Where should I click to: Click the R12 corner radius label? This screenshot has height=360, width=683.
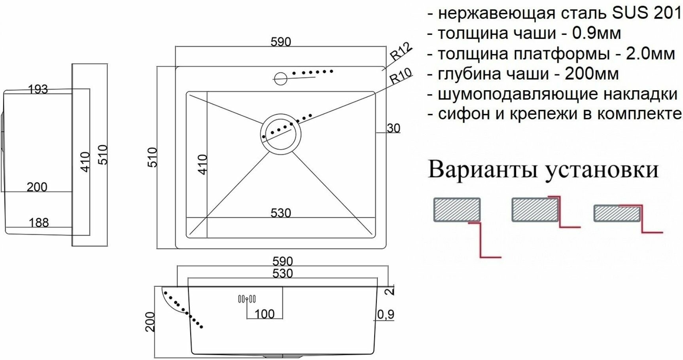tap(401, 51)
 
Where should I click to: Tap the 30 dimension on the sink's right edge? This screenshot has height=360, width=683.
tap(394, 128)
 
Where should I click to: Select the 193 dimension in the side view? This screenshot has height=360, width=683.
tap(38, 89)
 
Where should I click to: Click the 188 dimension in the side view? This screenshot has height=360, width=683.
tap(39, 223)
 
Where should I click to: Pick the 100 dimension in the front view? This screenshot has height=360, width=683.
tap(265, 314)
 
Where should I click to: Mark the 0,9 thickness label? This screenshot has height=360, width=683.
tap(386, 315)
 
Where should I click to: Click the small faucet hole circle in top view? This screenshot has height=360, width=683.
tap(280, 78)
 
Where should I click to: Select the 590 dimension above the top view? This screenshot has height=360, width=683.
tap(281, 42)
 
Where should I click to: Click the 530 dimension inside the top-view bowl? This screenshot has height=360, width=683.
tap(281, 213)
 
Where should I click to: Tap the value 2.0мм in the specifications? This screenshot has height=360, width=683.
tap(650, 54)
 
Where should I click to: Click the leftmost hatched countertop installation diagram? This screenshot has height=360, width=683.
tap(457, 209)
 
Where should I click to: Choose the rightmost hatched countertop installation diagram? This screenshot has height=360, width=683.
tap(617, 214)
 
